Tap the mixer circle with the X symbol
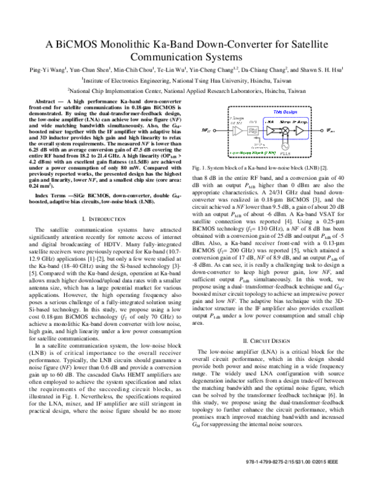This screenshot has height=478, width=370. tap(285, 131)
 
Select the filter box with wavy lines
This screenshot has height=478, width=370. tap(252, 131)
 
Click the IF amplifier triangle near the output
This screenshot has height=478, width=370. tap(300, 131)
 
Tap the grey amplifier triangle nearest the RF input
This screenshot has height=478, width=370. tap(237, 131)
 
